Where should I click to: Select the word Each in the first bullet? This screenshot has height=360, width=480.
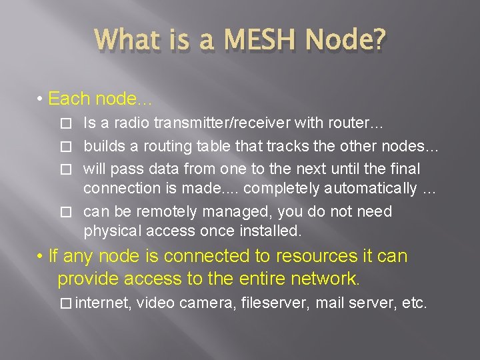pyautogui.click(x=69, y=100)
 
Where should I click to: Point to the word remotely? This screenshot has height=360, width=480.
pyautogui.click(x=162, y=211)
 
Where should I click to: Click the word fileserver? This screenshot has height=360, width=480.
pyautogui.click(x=275, y=304)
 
